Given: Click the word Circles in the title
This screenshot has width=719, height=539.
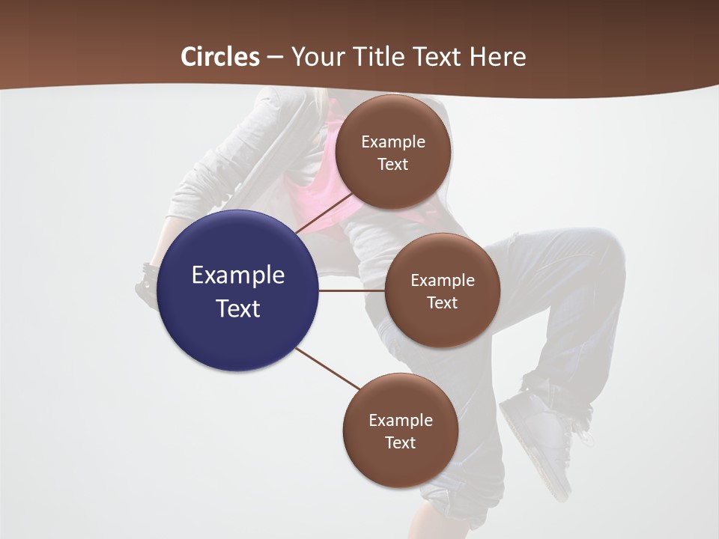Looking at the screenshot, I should click(220, 57).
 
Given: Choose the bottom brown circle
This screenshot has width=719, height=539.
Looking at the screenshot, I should click(400, 464).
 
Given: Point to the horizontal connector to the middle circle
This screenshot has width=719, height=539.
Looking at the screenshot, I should click(352, 290).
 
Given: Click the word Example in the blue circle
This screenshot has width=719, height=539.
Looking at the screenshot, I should click(238, 275).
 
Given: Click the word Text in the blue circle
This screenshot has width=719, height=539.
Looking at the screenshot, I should click(238, 308).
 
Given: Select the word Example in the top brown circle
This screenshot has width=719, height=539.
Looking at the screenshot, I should click(393, 142).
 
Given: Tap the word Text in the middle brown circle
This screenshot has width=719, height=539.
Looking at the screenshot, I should click(442, 302).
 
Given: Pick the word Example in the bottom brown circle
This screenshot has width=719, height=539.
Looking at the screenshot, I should click(401, 420).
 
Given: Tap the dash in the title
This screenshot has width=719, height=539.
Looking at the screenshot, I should click(275, 57).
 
